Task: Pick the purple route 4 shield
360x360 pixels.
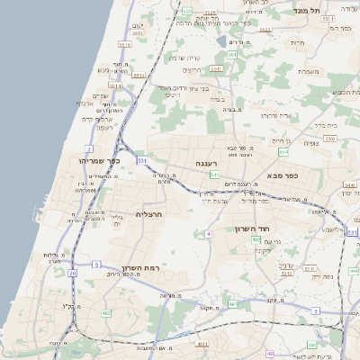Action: [208, 233]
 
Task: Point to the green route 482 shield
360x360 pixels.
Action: [106, 312]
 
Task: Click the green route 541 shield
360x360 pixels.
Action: [214, 174]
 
